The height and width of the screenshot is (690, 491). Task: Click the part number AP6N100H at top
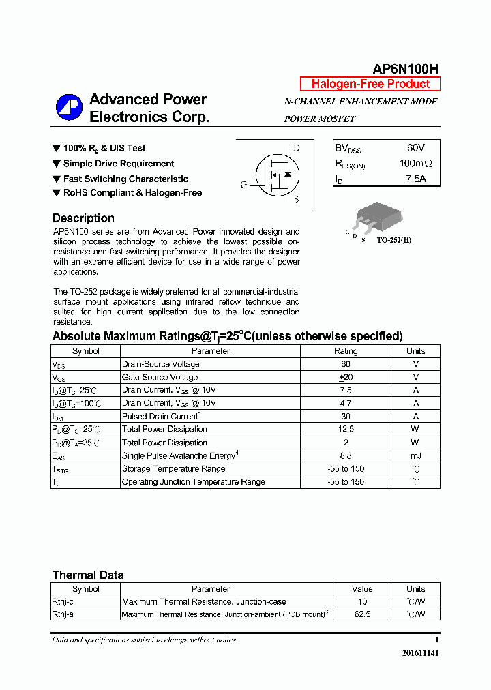(x=405, y=69)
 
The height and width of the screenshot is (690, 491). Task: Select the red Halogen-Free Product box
(x=370, y=84)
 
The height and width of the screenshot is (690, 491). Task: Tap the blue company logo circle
(x=69, y=107)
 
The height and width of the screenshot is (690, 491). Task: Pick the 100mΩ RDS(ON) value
(x=415, y=164)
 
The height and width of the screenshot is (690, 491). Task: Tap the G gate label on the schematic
(x=243, y=185)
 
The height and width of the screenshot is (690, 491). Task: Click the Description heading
(x=83, y=218)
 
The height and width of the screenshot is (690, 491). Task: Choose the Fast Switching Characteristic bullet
(x=125, y=179)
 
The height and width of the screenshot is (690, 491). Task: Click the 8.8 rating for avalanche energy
(x=345, y=455)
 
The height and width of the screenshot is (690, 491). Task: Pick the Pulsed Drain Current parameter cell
(x=160, y=416)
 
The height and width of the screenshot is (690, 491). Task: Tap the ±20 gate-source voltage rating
(x=345, y=377)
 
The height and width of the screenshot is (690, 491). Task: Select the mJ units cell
(x=415, y=455)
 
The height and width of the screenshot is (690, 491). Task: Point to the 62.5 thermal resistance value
(x=362, y=614)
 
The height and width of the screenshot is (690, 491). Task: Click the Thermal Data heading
(x=88, y=575)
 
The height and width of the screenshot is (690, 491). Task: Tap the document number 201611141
(x=420, y=653)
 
